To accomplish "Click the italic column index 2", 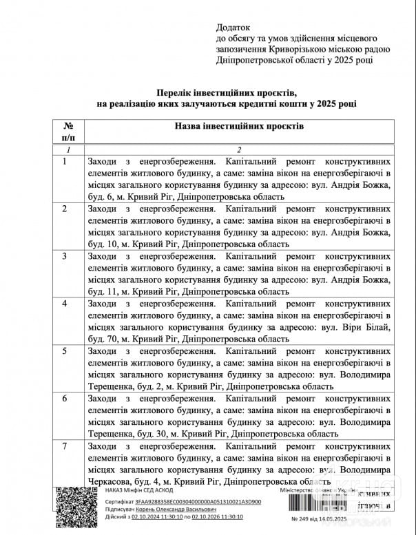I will click(x=238, y=149).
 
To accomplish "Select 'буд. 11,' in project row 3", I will click(x=104, y=291).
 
